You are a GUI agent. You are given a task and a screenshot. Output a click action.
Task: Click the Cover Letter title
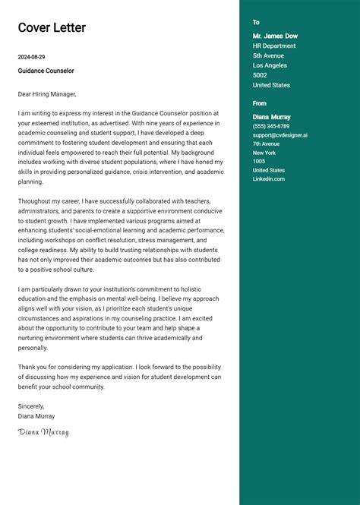point(52,28)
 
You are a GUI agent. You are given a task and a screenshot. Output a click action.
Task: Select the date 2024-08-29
point(32,57)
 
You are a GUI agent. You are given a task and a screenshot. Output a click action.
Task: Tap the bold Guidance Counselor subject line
point(46,71)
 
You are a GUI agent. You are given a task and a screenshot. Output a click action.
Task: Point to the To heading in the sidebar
point(256,23)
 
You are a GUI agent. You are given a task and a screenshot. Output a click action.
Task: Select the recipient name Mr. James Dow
point(275,36)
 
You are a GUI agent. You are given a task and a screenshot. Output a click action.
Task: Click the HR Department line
point(274,46)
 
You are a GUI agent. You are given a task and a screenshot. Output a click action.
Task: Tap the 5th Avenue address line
point(268,55)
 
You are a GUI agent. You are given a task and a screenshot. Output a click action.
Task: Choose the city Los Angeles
point(270,65)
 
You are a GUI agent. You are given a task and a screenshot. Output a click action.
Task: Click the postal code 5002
point(260,75)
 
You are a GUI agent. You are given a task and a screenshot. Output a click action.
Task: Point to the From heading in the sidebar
point(260,103)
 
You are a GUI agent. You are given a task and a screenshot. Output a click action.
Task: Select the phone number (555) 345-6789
point(271,126)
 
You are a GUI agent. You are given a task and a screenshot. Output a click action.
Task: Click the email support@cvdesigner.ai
point(280,135)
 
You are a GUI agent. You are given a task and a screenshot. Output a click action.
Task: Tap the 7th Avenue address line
point(266,144)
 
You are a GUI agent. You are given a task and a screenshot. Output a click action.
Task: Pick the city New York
point(264,153)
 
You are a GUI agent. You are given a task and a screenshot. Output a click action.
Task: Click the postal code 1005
point(259,161)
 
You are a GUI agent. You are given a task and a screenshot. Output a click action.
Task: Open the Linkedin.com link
point(269,178)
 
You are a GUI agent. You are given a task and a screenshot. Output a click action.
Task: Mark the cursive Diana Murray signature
point(43,432)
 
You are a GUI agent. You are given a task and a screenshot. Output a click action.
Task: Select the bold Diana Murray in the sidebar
point(272,117)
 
